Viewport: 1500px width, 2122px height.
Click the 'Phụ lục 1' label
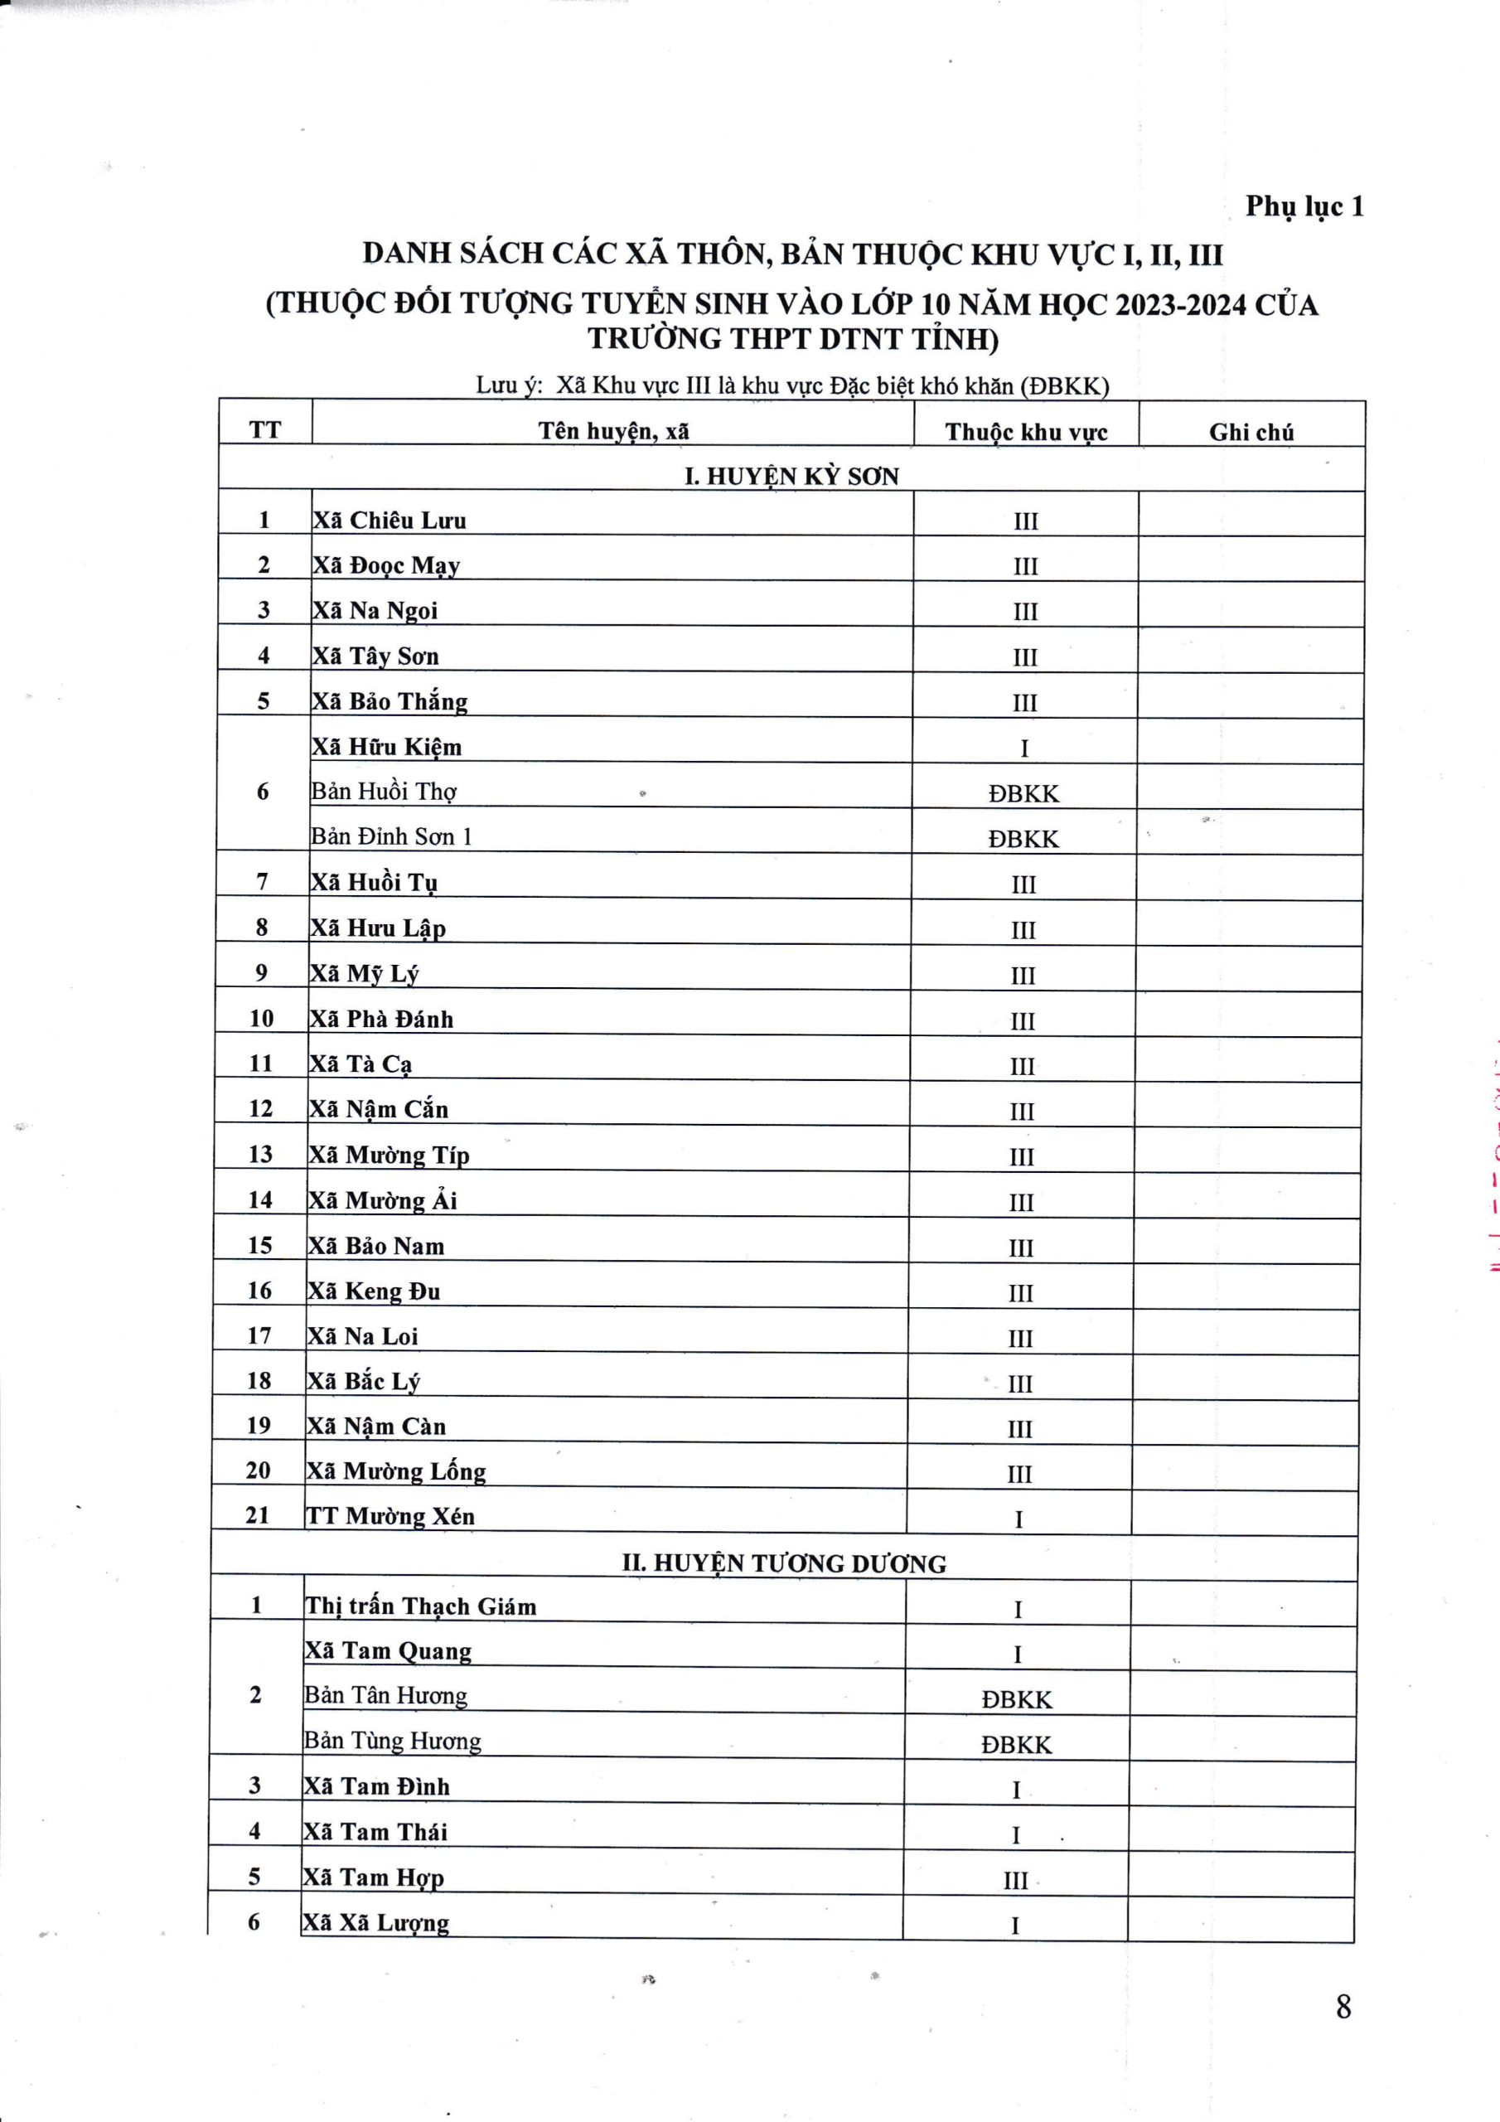[x=1303, y=206]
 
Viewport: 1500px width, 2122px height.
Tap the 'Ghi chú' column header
[x=1251, y=432]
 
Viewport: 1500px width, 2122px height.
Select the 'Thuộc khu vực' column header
[x=1026, y=432]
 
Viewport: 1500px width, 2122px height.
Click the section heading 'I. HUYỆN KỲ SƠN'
[x=791, y=477]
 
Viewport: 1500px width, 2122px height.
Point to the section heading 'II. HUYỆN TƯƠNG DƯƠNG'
[x=784, y=1564]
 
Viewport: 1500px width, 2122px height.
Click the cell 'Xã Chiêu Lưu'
[x=390, y=521]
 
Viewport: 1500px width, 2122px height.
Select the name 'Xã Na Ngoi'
[x=375, y=611]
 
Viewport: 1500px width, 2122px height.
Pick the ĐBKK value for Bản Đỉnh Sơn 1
[x=1023, y=839]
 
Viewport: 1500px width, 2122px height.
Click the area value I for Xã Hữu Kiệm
[x=1024, y=749]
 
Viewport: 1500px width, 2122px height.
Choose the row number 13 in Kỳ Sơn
[x=260, y=1155]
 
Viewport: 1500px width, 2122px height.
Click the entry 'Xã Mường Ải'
[x=383, y=1200]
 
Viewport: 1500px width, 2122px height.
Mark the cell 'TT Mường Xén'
[x=390, y=1517]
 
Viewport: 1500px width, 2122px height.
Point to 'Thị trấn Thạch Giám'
[x=420, y=1607]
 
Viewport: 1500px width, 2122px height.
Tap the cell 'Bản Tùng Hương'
[x=393, y=1742]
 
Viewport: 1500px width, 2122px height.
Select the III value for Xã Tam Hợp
[x=1016, y=1881]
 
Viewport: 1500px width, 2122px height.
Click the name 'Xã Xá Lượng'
[x=376, y=1923]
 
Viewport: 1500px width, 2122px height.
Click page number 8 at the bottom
[x=1343, y=2007]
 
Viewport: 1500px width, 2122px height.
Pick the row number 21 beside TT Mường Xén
[x=258, y=1516]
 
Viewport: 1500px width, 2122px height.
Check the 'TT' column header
[x=265, y=429]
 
